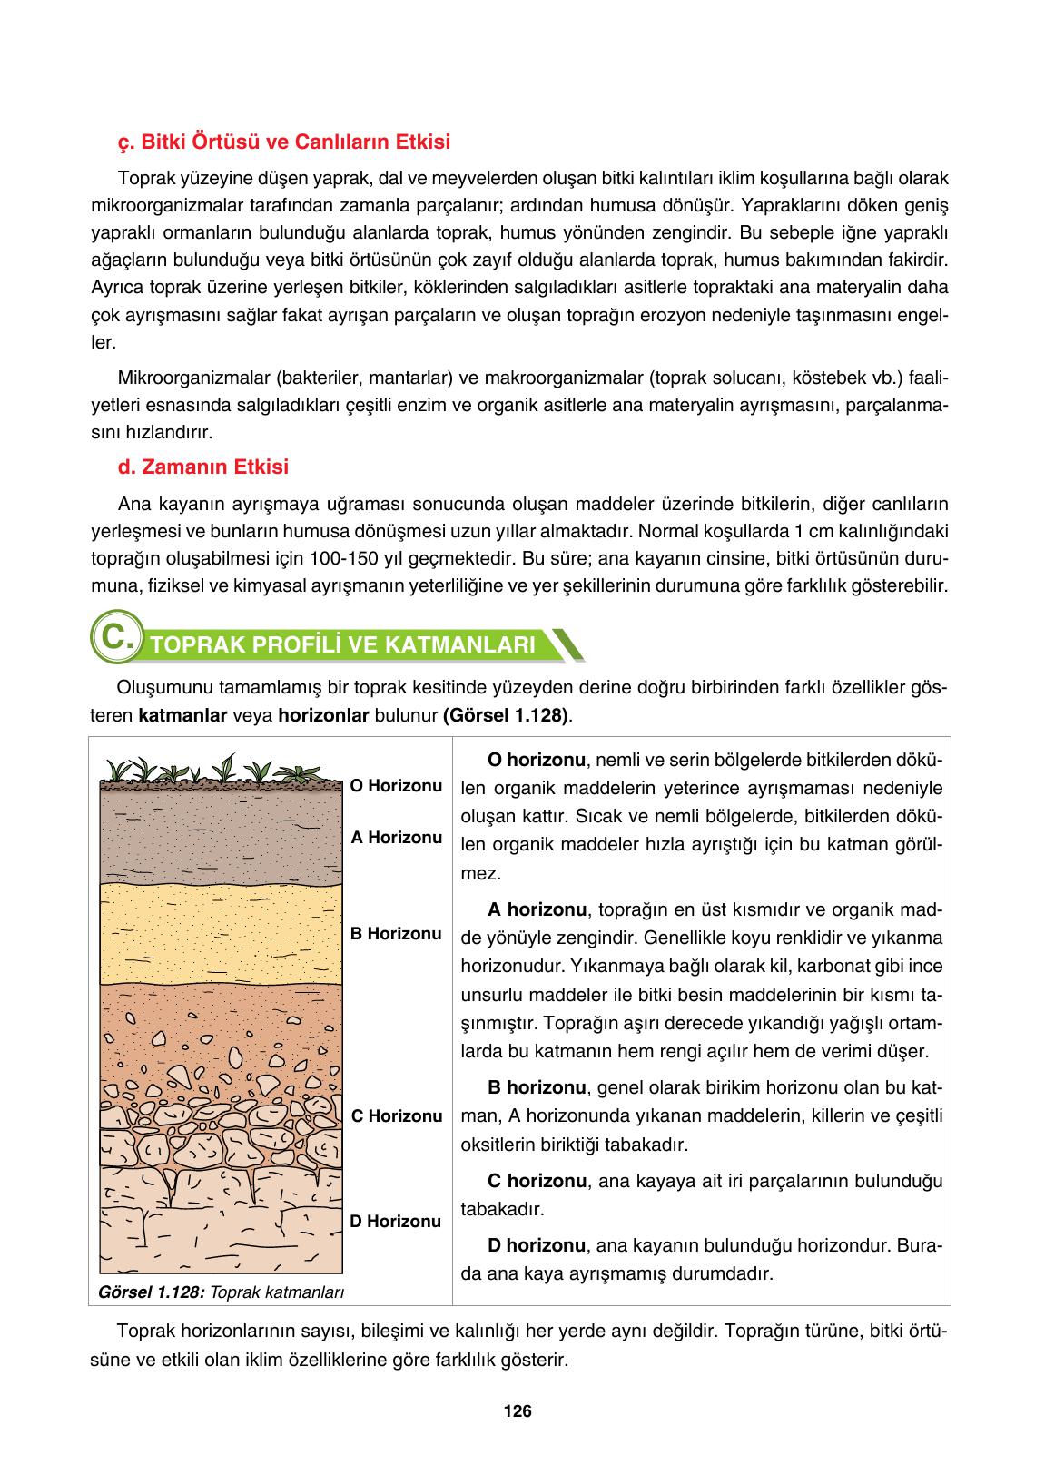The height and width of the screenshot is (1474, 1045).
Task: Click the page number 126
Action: pos(517,1410)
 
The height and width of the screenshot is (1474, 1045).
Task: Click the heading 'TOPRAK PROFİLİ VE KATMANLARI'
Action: pos(343,645)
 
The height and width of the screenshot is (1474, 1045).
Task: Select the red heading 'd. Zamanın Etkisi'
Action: pos(203,467)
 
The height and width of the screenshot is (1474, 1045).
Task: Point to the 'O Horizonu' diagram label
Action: pos(397,785)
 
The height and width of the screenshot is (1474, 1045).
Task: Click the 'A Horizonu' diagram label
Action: pos(397,837)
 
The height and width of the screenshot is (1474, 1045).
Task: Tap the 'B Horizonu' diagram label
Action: pos(397,933)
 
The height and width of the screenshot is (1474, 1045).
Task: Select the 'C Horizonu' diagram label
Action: pos(397,1115)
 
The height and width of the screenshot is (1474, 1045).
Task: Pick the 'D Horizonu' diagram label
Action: pos(396,1221)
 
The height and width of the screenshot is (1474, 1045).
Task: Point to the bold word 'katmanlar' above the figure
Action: pos(182,715)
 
